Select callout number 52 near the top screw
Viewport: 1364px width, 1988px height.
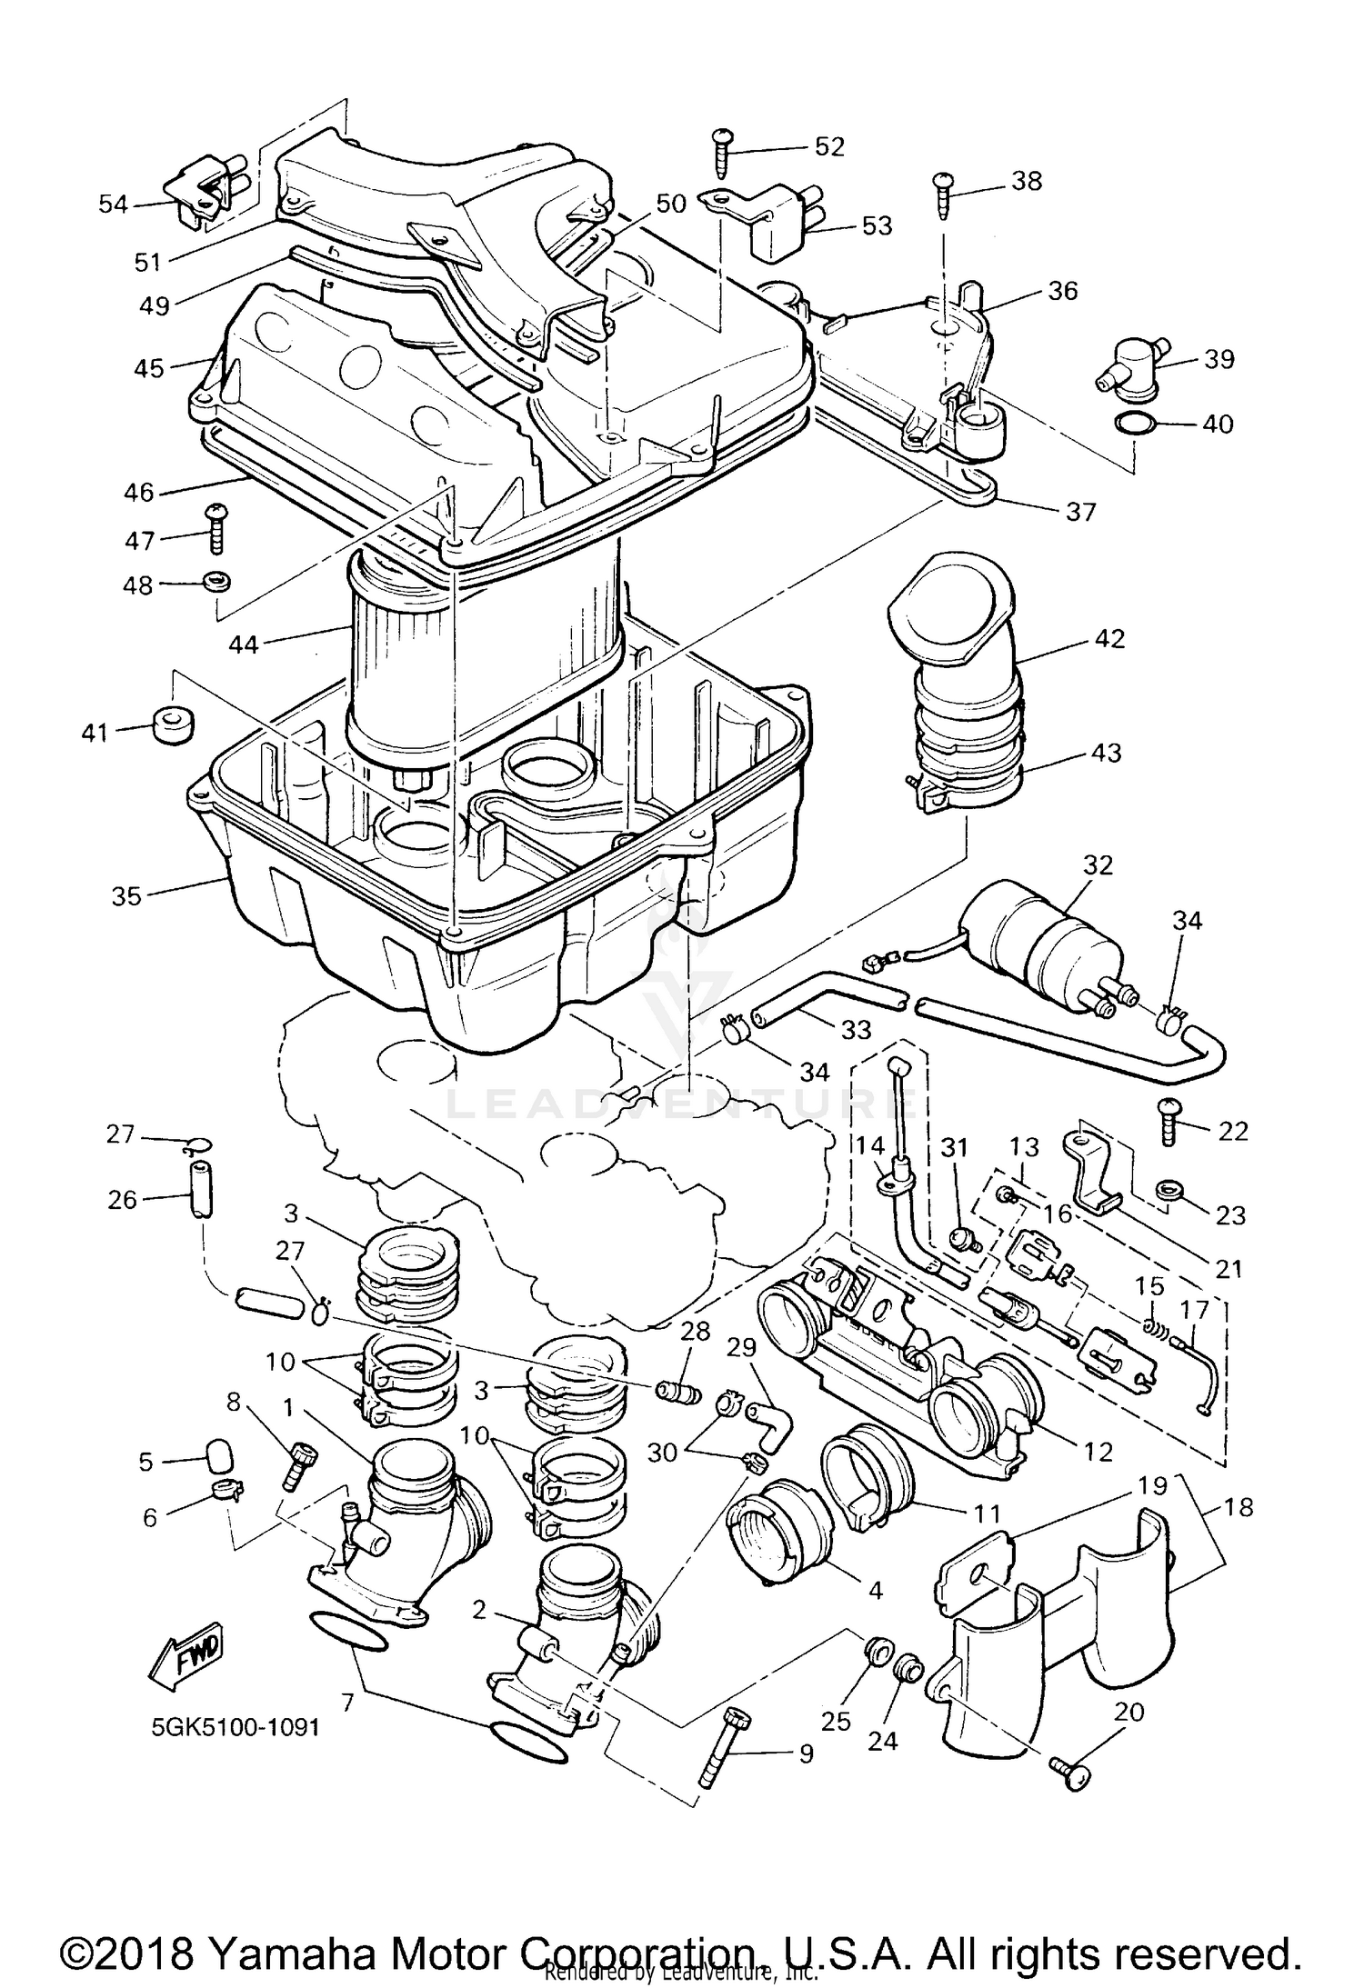tap(828, 146)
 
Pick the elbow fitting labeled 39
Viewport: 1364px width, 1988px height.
tap(1133, 367)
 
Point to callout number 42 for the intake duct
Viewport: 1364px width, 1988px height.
tap(1110, 638)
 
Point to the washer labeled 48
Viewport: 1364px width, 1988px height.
tap(216, 582)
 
